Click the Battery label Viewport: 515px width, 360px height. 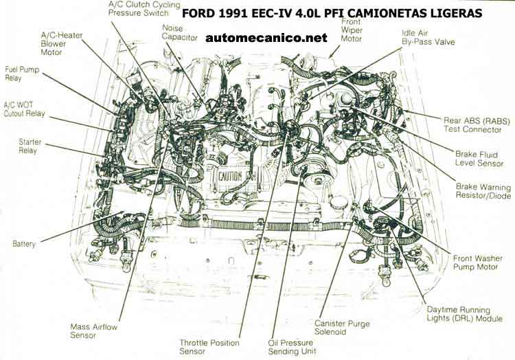point(23,244)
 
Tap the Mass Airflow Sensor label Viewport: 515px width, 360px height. point(93,331)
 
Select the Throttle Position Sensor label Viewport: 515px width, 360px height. point(209,347)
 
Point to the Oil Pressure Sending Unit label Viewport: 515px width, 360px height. point(292,347)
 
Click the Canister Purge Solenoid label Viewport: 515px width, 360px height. point(342,328)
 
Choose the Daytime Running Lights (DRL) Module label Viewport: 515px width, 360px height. point(464,314)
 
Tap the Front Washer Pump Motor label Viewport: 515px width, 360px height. point(477,262)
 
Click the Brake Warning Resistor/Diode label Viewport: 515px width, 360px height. point(483,191)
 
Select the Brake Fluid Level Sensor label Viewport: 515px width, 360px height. point(479,159)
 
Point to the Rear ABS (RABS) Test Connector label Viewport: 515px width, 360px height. point(477,125)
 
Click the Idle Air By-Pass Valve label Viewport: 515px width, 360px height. point(428,38)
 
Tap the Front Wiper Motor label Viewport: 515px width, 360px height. point(351,30)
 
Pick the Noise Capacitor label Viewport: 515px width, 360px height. point(180,32)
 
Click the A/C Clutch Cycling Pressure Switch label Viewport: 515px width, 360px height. point(144,9)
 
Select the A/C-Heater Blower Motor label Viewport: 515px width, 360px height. point(61,44)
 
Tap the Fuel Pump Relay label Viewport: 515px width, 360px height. point(22,74)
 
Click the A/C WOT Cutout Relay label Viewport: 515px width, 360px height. point(24,109)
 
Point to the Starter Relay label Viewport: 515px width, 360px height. point(30,146)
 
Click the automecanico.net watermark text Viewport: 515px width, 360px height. point(266,38)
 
